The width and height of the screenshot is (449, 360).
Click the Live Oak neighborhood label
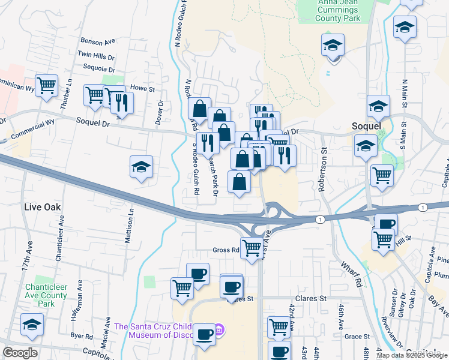point(41,207)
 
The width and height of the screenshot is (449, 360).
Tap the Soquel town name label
point(366,127)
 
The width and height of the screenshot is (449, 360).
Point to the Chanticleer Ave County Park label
point(46,295)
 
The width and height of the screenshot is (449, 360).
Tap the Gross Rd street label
point(226,250)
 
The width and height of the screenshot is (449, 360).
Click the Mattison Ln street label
point(128,226)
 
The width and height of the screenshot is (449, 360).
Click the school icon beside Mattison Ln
point(141,167)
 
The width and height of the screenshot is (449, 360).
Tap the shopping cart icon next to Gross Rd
point(252,246)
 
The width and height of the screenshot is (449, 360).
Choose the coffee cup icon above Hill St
point(386,224)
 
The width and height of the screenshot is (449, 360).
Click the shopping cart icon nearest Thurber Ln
point(46,85)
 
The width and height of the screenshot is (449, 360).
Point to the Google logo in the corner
point(20,353)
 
